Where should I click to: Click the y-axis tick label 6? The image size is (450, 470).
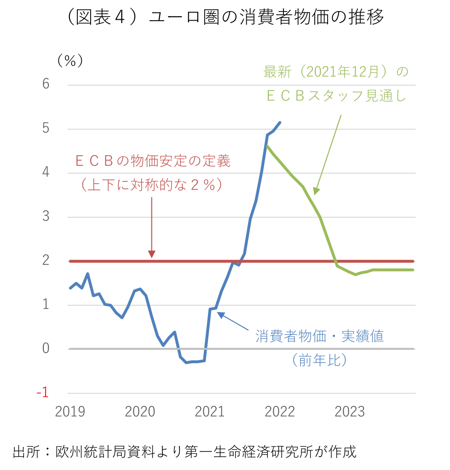coord(46,84)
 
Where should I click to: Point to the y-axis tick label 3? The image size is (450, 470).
coord(46,217)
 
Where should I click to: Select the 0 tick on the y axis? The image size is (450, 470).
coord(46,348)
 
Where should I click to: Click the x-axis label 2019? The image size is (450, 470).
coord(70,412)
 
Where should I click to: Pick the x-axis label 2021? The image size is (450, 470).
coord(210,412)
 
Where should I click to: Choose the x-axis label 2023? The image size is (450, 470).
coord(350,412)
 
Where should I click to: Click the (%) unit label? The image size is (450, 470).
coord(70,61)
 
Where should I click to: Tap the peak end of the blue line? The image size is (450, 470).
coord(281,122)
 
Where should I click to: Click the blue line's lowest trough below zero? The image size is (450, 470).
coord(187,362)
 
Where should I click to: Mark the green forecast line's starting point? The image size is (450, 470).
coord(267,146)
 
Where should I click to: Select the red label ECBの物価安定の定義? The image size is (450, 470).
coord(152,162)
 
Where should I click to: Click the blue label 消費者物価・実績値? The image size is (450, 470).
coord(319,336)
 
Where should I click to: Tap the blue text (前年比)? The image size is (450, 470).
coord(319,360)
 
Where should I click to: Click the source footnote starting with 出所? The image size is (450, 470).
coord(184,451)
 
